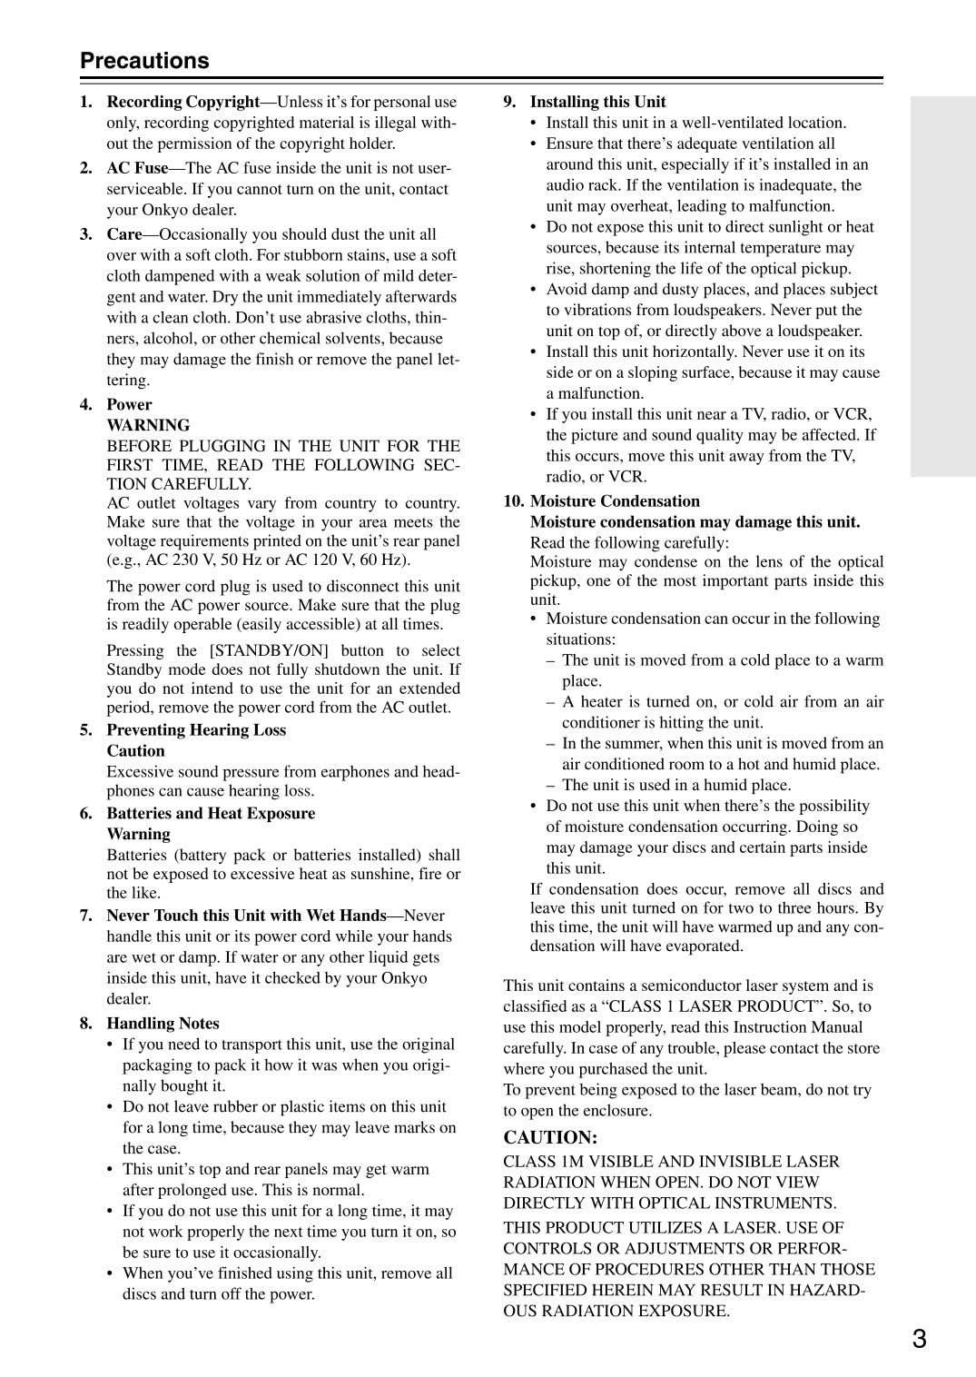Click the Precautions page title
[144, 61]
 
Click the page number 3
[919, 1338]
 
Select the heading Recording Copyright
[183, 102]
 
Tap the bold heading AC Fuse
[137, 168]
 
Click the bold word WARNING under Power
[148, 425]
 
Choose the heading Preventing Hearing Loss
[196, 730]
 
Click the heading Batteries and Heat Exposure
[211, 814]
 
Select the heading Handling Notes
[163, 1024]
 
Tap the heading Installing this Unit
[597, 102]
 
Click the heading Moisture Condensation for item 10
[615, 501]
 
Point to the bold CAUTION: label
[550, 1137]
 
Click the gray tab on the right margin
[942, 286]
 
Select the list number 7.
[86, 916]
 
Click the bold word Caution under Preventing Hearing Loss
[135, 751]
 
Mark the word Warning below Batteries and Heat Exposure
[138, 835]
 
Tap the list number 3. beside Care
[86, 234]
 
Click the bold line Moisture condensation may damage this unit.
[695, 522]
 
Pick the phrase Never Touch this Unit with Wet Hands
[246, 916]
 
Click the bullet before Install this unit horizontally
[534, 352]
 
